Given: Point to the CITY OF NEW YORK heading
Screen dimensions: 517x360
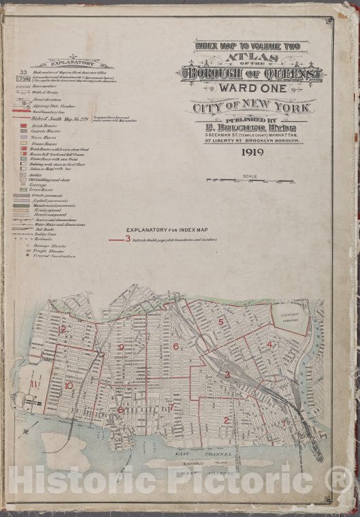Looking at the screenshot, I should pyautogui.click(x=252, y=107).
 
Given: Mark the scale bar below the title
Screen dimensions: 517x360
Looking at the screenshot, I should pyautogui.click(x=250, y=181).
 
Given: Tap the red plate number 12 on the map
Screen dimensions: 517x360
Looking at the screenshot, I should pyautogui.click(x=63, y=329).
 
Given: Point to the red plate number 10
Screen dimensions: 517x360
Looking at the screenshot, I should pyautogui.click(x=68, y=386).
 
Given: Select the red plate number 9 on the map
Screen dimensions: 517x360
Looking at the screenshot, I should pyautogui.click(x=121, y=348).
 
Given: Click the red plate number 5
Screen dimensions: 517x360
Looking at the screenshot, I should pyautogui.click(x=220, y=322).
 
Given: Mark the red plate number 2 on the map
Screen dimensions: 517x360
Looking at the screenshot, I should pyautogui.click(x=226, y=420).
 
